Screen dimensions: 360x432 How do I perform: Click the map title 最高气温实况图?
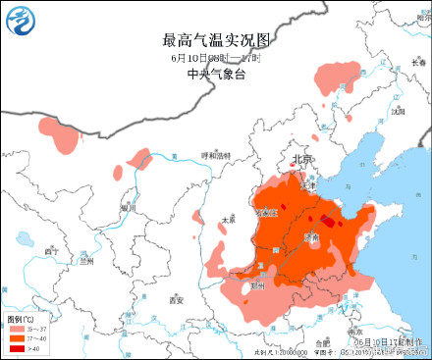[x=216, y=40]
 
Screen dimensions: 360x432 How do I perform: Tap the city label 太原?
[x=229, y=220]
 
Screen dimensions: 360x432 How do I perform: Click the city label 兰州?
[x=87, y=261]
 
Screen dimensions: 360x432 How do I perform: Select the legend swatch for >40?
[x=18, y=347]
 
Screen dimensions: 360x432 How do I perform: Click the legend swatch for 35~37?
[x=18, y=329]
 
